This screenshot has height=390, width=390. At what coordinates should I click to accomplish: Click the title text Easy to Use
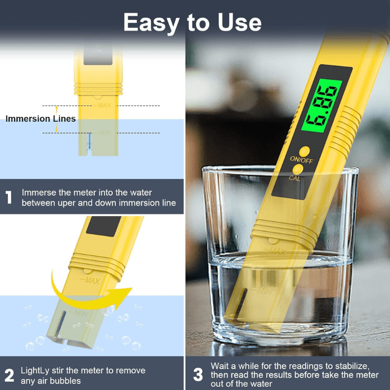click(192, 23)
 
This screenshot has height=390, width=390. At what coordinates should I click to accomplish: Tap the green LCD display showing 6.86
click(322, 106)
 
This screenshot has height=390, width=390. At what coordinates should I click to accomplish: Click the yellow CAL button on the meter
click(298, 169)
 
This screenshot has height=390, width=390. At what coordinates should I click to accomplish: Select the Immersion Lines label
click(40, 118)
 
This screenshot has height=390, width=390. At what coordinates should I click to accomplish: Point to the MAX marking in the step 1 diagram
click(104, 105)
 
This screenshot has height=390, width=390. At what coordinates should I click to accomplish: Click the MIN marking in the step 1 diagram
click(105, 133)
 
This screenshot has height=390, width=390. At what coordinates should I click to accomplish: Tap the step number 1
click(9, 197)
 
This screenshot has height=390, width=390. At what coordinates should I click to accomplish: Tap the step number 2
click(9, 375)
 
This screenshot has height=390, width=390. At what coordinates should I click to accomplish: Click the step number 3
click(198, 375)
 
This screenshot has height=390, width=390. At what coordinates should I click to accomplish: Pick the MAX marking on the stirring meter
click(90, 281)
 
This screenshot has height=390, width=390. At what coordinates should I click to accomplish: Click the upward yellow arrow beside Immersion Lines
click(57, 110)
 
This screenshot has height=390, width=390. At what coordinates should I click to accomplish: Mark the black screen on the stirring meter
click(104, 226)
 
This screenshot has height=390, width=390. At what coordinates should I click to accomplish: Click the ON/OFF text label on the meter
click(301, 159)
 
